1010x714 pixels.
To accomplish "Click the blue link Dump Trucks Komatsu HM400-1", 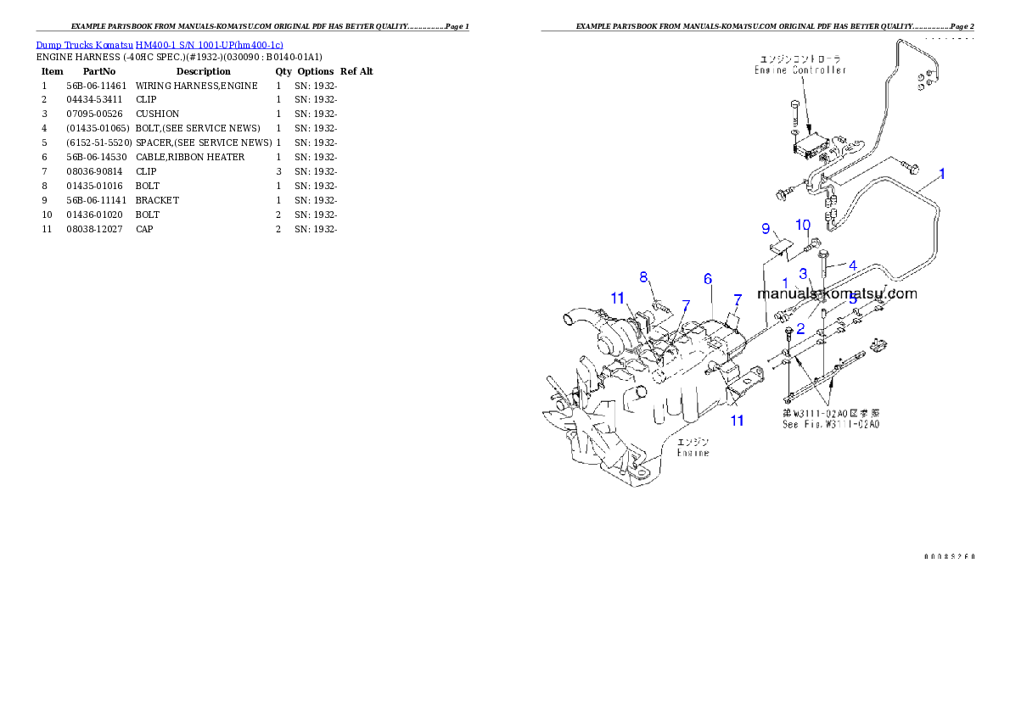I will coord(160,44).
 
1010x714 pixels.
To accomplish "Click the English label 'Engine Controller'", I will coord(800,70).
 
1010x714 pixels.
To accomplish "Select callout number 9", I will coord(766,229).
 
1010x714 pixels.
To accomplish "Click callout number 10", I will coord(804,224).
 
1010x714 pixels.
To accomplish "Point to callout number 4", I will coord(853,265).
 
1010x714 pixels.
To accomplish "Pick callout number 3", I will coord(803,273).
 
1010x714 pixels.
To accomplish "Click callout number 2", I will coord(800,327).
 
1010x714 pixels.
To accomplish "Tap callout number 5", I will coord(853,298).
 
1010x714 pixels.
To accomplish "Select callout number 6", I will coord(707,278).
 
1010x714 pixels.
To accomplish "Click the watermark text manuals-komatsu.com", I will coord(837,293).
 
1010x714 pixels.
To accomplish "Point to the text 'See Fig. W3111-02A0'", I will coord(830,424).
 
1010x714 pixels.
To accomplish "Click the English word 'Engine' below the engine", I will coord(693,453).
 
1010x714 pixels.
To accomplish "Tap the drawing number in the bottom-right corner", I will coord(948,556).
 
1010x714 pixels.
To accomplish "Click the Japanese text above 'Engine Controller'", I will coord(800,59).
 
